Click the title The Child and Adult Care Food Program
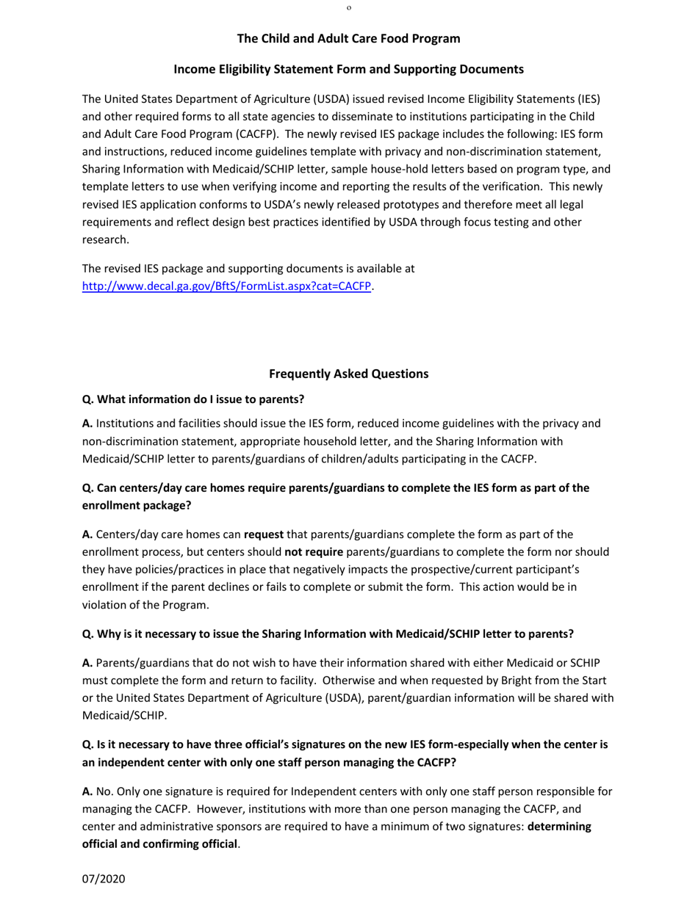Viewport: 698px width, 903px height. (348, 38)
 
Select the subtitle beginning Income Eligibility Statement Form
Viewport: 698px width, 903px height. (348, 69)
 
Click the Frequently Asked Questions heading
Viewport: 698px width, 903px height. (348, 374)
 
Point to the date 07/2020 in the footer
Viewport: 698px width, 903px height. (104, 878)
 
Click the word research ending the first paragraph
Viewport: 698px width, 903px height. (104, 239)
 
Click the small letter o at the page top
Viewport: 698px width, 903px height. (348, 7)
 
